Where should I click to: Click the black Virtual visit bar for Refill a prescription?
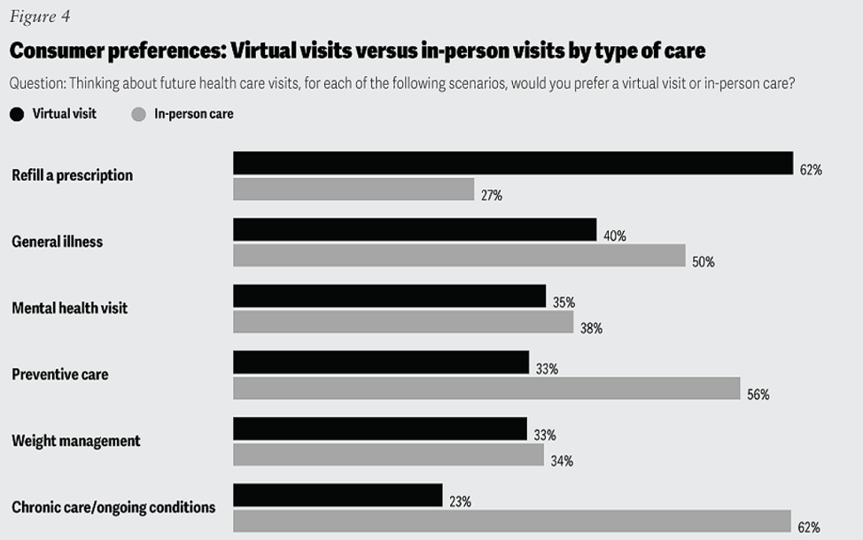point(512,163)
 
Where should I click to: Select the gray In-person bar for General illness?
point(459,256)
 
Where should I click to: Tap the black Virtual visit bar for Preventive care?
point(381,362)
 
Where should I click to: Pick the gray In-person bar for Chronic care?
point(512,521)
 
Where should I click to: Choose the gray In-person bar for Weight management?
point(388,455)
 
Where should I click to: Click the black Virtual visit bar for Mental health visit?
point(389,296)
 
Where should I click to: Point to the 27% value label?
point(492,196)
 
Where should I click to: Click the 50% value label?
point(704,262)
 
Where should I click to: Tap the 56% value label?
point(758,395)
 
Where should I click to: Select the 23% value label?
point(460,501)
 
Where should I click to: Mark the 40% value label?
point(615,235)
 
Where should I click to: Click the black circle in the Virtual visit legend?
point(17,113)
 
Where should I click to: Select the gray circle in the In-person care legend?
point(138,113)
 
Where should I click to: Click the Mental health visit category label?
point(69,308)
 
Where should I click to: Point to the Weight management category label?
point(75,441)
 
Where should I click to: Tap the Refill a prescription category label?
point(72,175)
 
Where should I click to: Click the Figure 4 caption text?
point(39,17)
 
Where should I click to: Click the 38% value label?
point(591,328)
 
